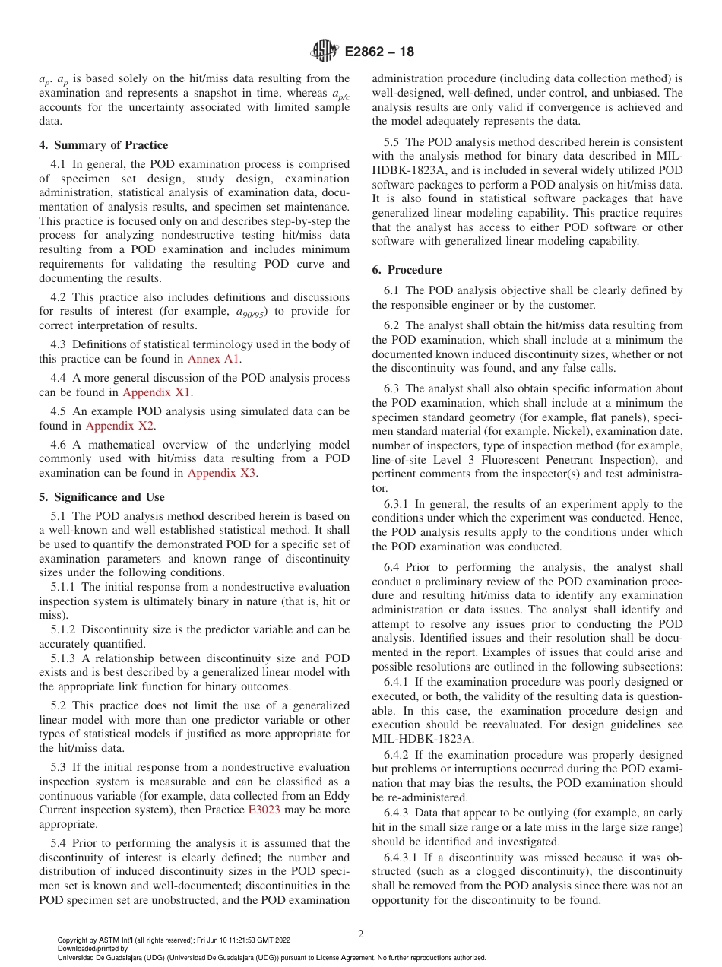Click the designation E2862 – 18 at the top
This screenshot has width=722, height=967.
379,52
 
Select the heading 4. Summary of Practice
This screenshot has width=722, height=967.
103,145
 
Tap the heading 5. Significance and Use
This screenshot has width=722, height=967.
101,497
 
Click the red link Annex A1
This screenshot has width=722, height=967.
214,359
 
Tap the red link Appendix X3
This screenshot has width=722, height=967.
222,473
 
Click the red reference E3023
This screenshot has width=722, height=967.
264,810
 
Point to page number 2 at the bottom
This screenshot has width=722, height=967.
360,934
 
